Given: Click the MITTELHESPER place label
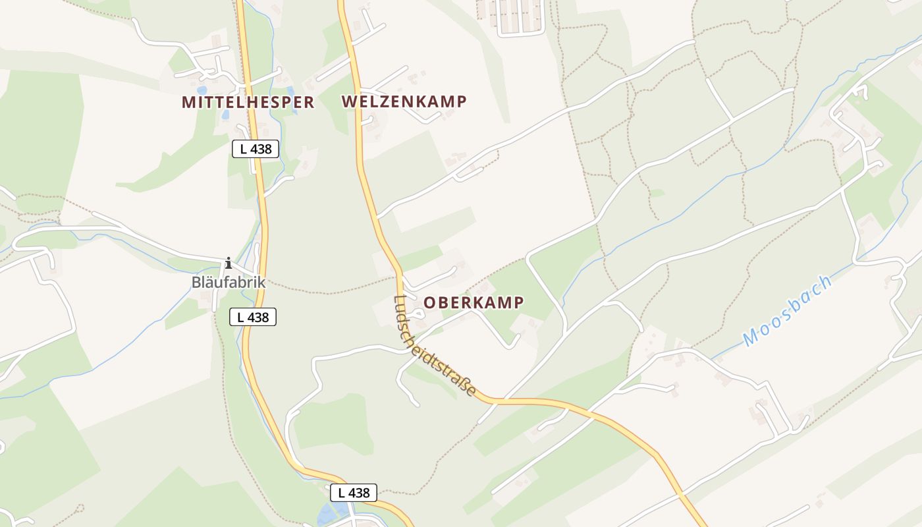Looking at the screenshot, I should [x=248, y=102].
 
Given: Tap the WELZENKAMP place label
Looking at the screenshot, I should [x=404, y=101].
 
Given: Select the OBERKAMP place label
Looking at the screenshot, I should [x=474, y=302].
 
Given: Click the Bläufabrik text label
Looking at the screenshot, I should [x=228, y=283].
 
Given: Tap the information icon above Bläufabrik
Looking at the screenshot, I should [x=229, y=263].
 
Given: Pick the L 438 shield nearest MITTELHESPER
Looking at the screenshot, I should [x=256, y=149].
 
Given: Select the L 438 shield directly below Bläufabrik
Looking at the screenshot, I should [x=253, y=317].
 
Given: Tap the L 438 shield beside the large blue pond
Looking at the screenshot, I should [x=354, y=492].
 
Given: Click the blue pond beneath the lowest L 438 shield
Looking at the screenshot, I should [x=329, y=514].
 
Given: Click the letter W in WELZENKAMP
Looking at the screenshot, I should [x=350, y=101].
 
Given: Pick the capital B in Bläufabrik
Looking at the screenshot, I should [x=196, y=283].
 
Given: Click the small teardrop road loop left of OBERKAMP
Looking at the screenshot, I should [x=420, y=315].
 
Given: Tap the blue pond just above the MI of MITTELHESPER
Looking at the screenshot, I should [x=201, y=90].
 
